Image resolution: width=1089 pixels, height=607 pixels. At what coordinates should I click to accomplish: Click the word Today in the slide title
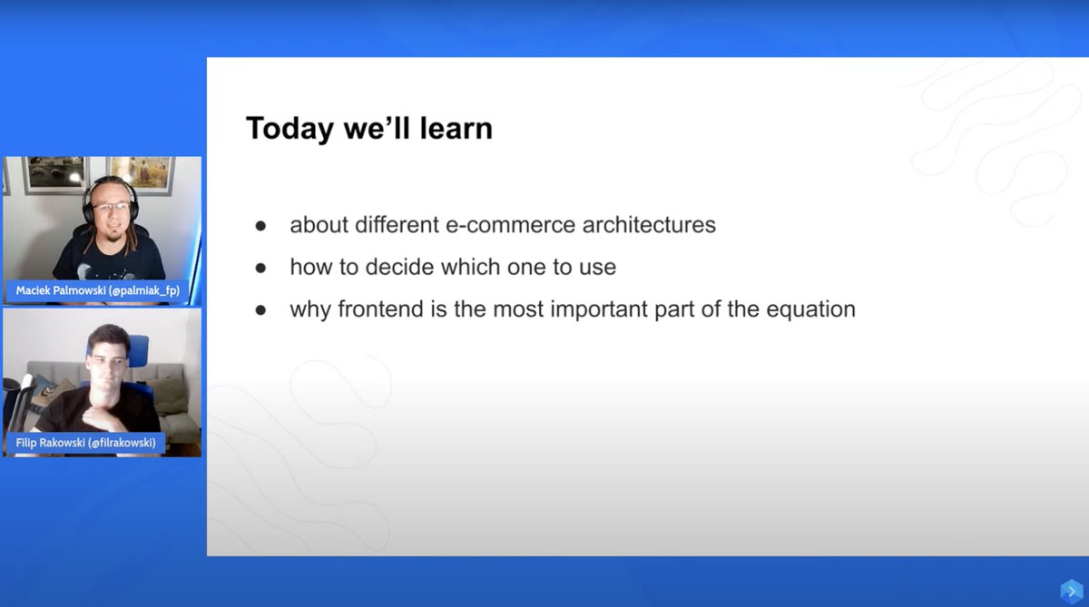point(289,129)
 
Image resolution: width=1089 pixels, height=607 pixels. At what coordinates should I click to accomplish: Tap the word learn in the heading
point(456,128)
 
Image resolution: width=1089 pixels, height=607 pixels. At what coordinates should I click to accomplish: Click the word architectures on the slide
point(649,225)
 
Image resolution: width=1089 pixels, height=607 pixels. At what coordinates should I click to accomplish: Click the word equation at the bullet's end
point(811,310)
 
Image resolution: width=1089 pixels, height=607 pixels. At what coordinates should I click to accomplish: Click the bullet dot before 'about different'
point(260,226)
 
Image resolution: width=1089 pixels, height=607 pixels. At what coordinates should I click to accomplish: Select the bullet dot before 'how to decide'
point(260,268)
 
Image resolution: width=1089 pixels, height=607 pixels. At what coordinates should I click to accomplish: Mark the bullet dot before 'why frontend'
point(260,310)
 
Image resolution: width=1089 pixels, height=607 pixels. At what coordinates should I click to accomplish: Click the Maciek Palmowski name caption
point(98,291)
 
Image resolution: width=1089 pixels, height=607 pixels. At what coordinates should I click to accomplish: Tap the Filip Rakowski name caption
point(85,443)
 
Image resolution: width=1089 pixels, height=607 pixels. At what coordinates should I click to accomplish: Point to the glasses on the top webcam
point(112,207)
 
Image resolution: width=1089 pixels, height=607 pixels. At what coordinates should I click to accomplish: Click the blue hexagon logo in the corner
point(1072,592)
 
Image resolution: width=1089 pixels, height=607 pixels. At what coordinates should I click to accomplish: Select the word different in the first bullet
point(397,225)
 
